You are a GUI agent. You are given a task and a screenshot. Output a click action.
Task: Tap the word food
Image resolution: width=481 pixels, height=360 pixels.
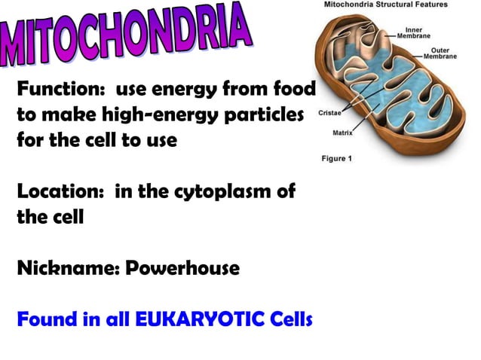(x=293, y=91)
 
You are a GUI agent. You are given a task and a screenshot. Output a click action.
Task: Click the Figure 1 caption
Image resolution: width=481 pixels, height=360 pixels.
(x=336, y=159)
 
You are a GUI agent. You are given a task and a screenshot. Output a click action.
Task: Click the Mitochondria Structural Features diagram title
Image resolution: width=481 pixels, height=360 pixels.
(x=385, y=5)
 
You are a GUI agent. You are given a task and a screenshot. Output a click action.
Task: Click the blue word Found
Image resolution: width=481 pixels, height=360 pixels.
(x=47, y=319)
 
